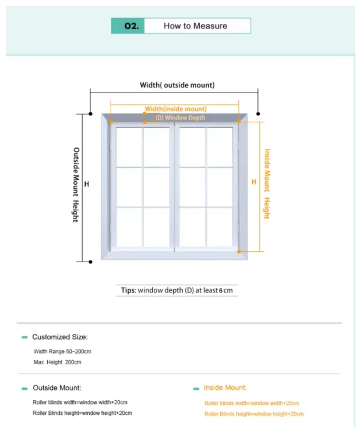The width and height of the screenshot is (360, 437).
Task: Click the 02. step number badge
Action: tap(128, 26)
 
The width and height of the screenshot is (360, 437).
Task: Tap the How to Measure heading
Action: tap(196, 26)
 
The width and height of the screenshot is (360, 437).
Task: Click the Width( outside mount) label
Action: tap(177, 85)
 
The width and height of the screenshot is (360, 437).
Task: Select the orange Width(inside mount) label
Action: tap(175, 109)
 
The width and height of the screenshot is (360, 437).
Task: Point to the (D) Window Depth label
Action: tap(180, 118)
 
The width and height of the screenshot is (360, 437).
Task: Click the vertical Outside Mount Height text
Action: tap(76, 184)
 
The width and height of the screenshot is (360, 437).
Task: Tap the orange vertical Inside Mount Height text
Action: tap(267, 184)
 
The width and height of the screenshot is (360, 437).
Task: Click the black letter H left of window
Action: tap(87, 184)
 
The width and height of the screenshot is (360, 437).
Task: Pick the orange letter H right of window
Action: tap(253, 182)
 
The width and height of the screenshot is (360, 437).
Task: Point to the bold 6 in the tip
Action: tap(221, 290)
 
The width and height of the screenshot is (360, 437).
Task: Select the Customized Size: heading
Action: tap(60, 337)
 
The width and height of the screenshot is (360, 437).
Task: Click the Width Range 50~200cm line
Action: tap(62, 351)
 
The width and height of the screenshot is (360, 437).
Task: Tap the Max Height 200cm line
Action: tap(58, 362)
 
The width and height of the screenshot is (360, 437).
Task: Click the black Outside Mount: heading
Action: tap(57, 387)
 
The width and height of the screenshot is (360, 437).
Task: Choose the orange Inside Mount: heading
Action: tap(225, 387)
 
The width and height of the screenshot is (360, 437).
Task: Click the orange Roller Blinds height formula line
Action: tap(254, 414)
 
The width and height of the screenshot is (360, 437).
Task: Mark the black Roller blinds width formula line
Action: tap(80, 402)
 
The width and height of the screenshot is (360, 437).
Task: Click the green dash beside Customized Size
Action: tap(24, 337)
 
